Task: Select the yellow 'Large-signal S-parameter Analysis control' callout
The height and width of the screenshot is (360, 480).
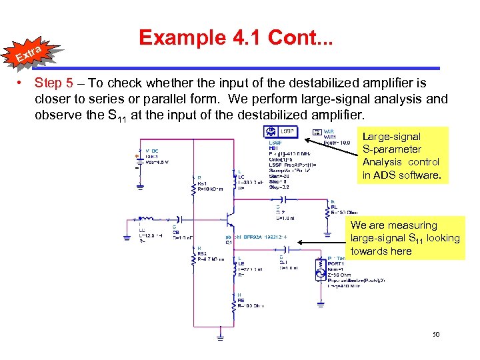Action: pos(401,156)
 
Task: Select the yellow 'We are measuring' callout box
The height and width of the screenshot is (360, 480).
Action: pos(405,238)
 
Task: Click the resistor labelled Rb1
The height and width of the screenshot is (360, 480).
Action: pos(193,181)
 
